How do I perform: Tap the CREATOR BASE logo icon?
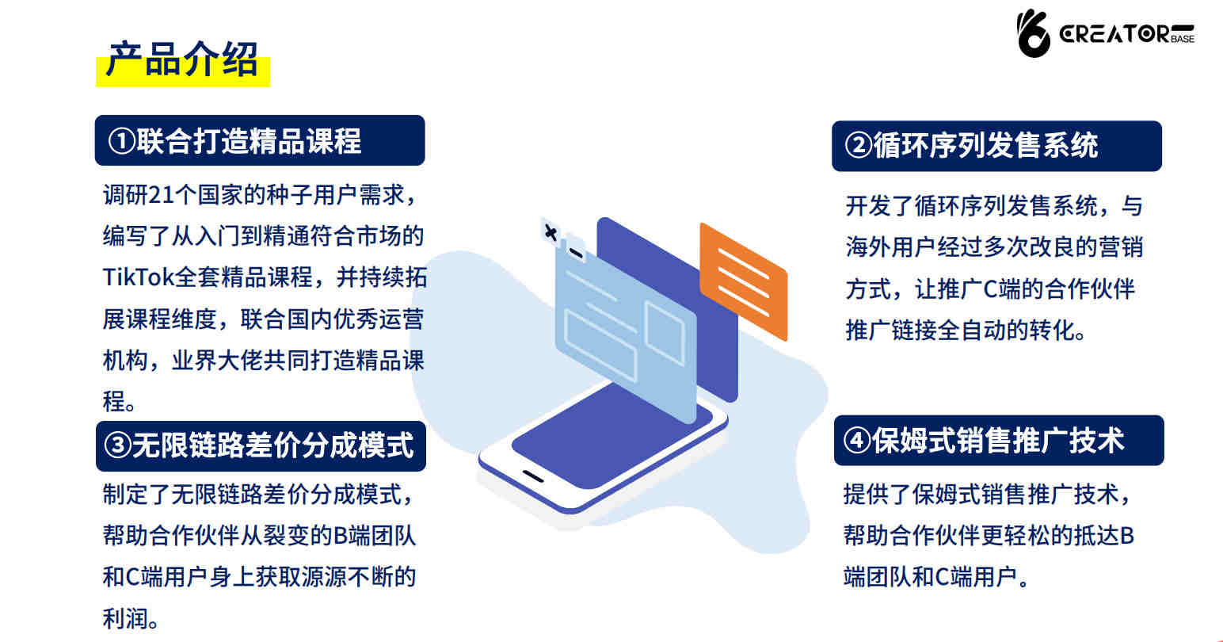pos(1033,33)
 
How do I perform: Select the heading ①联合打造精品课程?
pos(234,141)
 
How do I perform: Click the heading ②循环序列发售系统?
pos(971,145)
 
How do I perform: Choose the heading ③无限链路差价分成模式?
pos(259,445)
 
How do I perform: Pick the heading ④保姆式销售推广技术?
pos(984,441)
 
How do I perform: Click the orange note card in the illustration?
pos(744,281)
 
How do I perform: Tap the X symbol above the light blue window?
pos(551,233)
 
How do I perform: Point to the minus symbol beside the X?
pos(576,252)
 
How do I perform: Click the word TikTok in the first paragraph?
pos(139,277)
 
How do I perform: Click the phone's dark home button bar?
pos(533,476)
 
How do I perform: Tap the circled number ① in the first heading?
pos(121,141)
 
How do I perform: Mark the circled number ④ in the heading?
pos(856,441)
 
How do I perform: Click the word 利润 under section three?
pos(125,618)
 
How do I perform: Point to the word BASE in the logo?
pos(1183,39)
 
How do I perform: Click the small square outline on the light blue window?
pos(665,333)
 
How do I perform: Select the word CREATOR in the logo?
pos(1114,34)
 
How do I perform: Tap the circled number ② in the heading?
pos(858,145)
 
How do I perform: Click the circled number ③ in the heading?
pos(117,445)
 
